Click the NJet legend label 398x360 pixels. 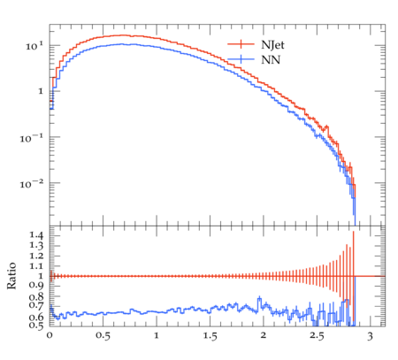[272, 45]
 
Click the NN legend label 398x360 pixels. [271, 59]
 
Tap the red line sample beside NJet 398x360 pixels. [241, 44]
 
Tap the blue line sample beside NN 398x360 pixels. [241, 59]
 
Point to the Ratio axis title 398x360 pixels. [11, 276]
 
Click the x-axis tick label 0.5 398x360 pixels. [103, 336]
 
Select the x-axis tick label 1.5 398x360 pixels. [210, 336]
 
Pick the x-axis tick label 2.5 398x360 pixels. [317, 336]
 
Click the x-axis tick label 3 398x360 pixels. [371, 336]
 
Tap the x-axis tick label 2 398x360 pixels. [264, 335]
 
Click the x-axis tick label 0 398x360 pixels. [50, 335]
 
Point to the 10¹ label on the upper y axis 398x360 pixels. [34, 46]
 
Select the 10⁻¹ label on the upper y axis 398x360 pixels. [31, 137]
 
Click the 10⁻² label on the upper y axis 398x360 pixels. [31, 183]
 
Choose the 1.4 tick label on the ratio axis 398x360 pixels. [36, 235]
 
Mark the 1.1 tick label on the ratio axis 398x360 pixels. [36, 266]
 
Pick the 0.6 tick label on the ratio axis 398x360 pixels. [36, 318]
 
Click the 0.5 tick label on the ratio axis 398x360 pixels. [36, 325]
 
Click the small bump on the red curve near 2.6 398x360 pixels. [326, 128]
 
